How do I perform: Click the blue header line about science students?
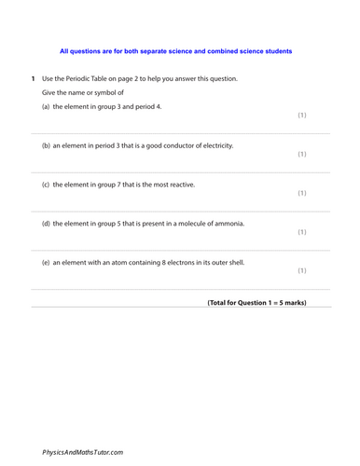tap(175, 51)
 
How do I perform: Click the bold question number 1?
tap(33, 78)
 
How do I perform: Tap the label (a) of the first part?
tap(47, 106)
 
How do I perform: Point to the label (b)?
tap(47, 145)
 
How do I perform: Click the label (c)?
tap(47, 185)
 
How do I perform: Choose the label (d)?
tap(47, 224)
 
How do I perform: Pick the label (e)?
tap(47, 263)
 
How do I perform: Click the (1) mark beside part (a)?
tap(301, 115)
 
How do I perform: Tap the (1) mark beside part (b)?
tap(301, 154)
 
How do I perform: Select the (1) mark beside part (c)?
tap(301, 193)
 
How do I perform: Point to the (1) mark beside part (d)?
tap(301, 232)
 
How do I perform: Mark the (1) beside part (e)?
tap(301, 271)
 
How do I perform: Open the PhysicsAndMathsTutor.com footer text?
tap(82, 451)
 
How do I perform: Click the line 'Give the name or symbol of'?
tap(89, 92)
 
